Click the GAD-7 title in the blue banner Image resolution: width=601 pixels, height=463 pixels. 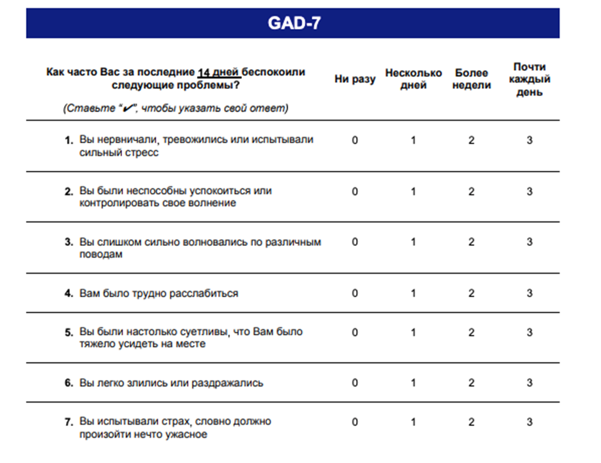coord(294,23)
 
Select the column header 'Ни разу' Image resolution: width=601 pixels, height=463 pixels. coord(355,79)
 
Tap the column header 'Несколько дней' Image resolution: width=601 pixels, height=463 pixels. coord(413,79)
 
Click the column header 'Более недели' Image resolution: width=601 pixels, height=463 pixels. coord(471,79)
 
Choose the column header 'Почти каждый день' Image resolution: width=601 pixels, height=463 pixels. coord(529,79)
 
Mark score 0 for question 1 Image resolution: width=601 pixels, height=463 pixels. coord(355,140)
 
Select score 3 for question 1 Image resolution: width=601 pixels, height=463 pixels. coord(529,140)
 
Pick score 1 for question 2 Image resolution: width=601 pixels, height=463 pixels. coord(413,191)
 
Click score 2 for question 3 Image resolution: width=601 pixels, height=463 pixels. coord(471,242)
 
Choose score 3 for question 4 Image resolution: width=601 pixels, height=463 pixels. coord(529,293)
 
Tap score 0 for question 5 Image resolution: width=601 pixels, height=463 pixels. coord(355,332)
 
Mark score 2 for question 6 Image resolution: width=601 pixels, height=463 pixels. coord(471,383)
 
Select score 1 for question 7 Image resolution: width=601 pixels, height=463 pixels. coord(413,422)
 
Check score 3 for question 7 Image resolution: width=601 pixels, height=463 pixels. coord(529,422)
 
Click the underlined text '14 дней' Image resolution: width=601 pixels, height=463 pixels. coord(219,72)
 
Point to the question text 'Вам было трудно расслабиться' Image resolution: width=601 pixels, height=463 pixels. coord(159,293)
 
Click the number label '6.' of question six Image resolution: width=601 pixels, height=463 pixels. coord(69,383)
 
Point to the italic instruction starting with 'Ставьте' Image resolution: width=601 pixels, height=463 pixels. coord(175,109)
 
